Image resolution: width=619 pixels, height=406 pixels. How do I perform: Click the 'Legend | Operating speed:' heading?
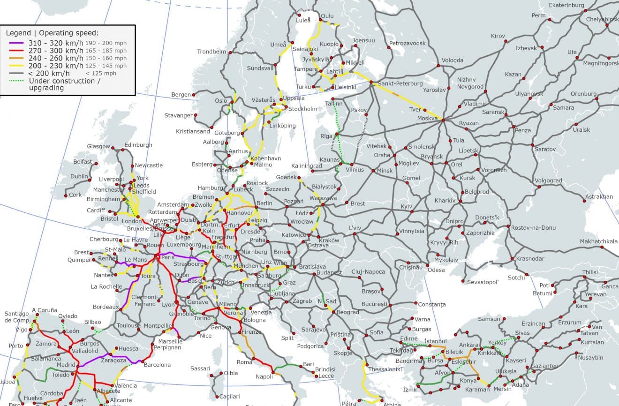52,33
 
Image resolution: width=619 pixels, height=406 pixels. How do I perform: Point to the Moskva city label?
427,119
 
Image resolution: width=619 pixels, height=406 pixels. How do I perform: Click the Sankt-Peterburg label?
394,83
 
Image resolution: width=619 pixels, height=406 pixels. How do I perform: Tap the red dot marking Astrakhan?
584,202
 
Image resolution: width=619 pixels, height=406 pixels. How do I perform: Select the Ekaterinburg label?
566,5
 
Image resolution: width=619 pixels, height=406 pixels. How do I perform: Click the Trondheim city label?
212,52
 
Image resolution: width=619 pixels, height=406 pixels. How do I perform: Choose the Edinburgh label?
138,145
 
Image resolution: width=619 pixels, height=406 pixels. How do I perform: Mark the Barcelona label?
157,365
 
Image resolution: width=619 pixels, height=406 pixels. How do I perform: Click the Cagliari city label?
230,396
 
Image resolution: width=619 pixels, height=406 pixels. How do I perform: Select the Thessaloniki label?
385,369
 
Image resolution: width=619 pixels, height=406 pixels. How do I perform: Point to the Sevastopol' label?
483,282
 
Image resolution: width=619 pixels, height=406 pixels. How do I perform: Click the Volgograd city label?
548,180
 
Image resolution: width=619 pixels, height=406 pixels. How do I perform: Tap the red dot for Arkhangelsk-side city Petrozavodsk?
389,47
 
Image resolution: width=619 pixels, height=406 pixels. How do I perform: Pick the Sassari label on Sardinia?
200,368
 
